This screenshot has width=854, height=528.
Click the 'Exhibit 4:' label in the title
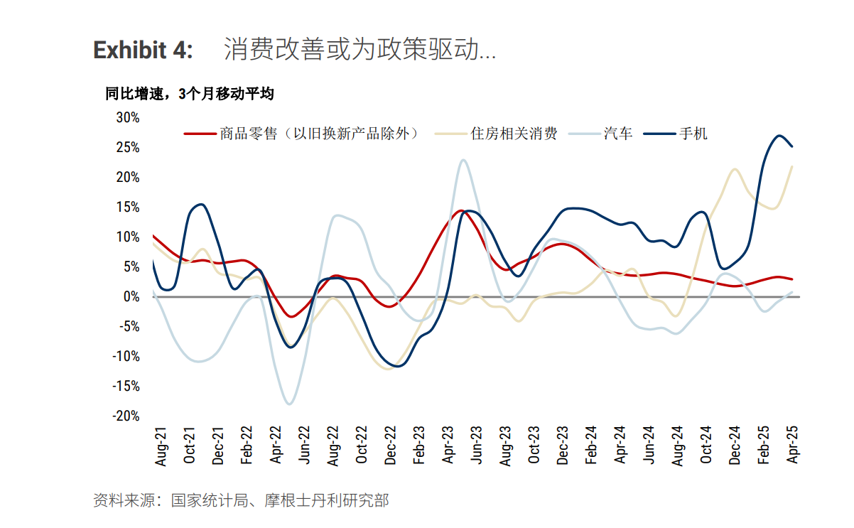(143, 50)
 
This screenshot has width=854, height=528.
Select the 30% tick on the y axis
(128, 117)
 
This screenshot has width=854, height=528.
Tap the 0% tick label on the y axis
(132, 296)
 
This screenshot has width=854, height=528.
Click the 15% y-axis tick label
(128, 207)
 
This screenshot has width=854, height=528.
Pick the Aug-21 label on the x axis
(161, 446)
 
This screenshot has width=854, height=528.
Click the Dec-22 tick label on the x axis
(390, 446)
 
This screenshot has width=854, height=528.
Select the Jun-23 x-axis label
(477, 446)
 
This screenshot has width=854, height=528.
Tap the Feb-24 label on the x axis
(591, 446)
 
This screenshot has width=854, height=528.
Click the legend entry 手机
(693, 133)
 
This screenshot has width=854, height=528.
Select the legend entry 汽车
(618, 133)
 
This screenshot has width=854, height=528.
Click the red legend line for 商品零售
(199, 133)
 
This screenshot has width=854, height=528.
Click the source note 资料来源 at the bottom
(241, 500)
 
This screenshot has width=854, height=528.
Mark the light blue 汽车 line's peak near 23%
(463, 160)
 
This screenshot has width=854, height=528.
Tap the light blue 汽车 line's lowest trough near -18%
(289, 404)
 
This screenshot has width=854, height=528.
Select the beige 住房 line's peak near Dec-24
(735, 170)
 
